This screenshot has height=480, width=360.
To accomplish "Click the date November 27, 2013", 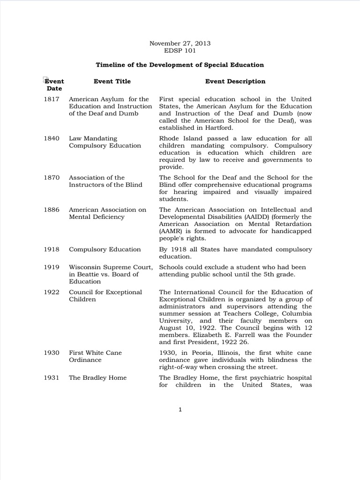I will [180, 43].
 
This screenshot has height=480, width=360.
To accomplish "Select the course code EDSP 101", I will [180, 51].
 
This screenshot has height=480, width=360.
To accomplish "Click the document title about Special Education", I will [180, 65].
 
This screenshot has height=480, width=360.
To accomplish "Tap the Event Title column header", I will [112, 81].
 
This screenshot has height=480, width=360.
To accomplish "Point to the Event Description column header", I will [235, 81].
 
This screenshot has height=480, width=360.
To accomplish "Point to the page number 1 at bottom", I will [180, 409].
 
